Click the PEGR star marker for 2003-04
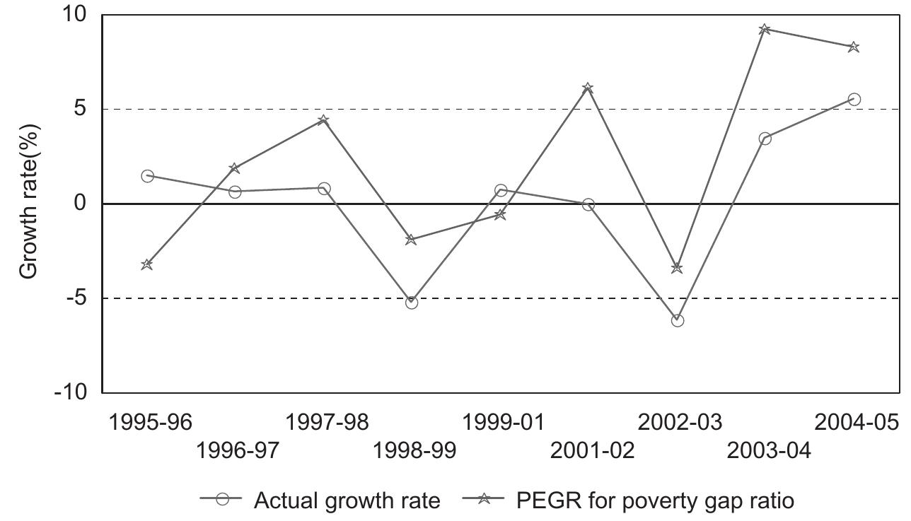[765, 29]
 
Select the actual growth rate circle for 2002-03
[677, 320]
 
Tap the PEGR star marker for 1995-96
[147, 264]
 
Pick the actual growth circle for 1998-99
[412, 303]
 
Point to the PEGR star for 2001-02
[588, 88]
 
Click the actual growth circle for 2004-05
[854, 100]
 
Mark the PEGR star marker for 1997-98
[323, 120]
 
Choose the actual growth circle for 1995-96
[147, 176]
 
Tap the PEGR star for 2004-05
[854, 47]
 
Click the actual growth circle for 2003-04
[765, 139]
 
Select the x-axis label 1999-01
[503, 423]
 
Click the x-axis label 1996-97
[238, 450]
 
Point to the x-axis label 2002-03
[680, 423]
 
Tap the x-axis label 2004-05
[857, 423]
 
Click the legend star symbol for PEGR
[484, 499]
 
